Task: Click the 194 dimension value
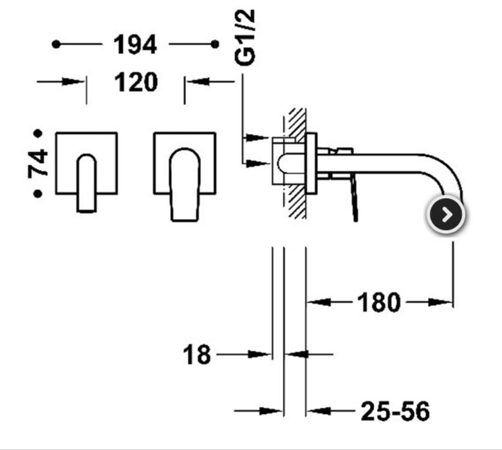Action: (135, 44)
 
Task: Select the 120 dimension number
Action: (135, 82)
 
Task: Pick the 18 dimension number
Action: (196, 354)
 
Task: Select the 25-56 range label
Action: (395, 411)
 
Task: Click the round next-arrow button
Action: (446, 215)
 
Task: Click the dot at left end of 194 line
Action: (56, 44)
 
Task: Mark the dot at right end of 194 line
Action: (215, 44)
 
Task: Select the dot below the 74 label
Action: (38, 193)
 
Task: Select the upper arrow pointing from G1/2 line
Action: (258, 138)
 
